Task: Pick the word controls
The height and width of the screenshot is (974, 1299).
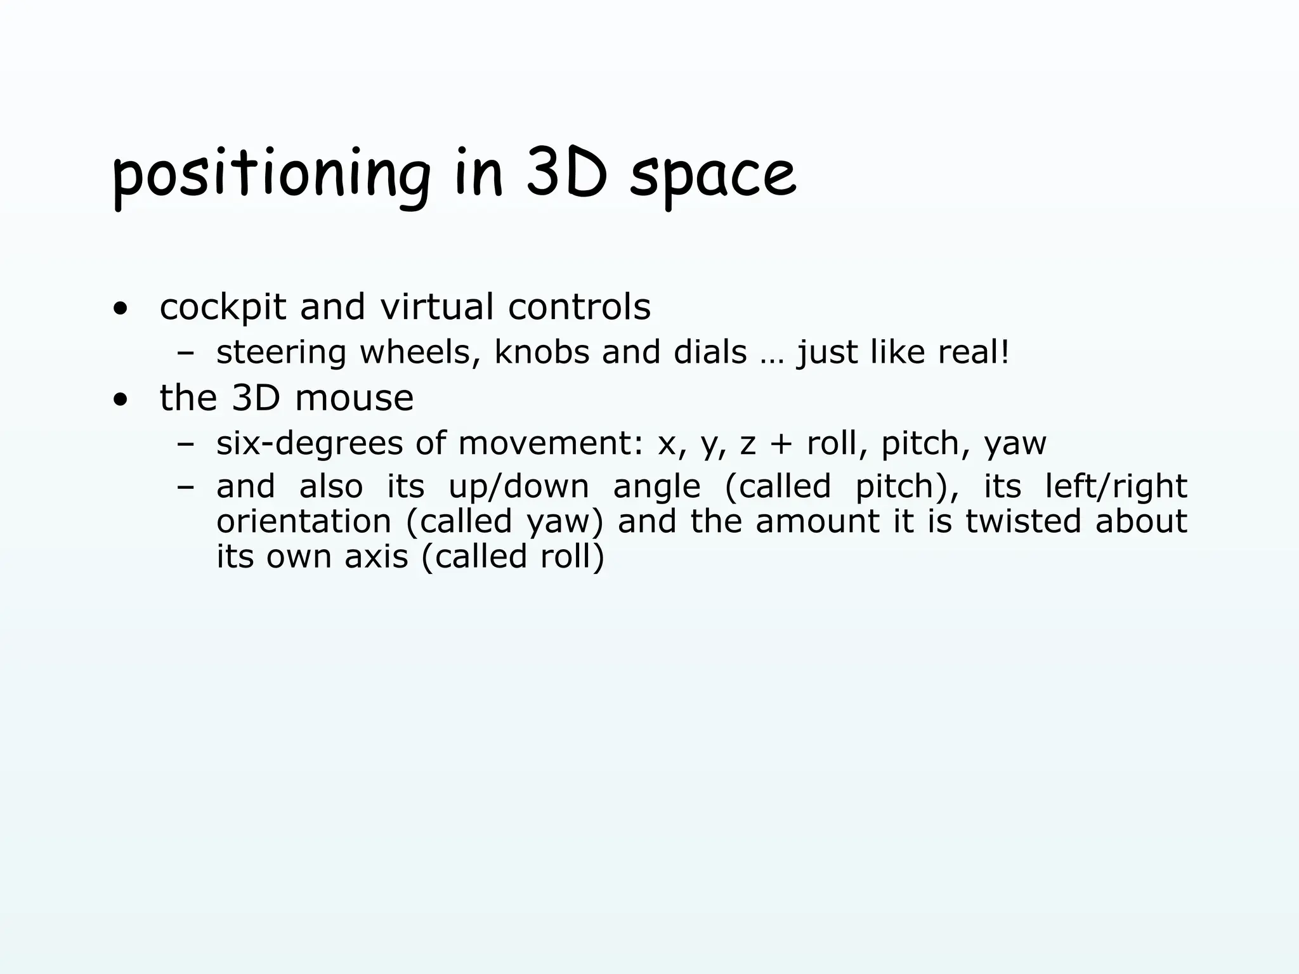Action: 579,307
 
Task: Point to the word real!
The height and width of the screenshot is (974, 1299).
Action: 973,352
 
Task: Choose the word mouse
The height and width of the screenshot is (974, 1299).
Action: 354,398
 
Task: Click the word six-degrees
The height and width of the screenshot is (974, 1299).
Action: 309,444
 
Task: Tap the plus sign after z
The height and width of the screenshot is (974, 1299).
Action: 781,444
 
